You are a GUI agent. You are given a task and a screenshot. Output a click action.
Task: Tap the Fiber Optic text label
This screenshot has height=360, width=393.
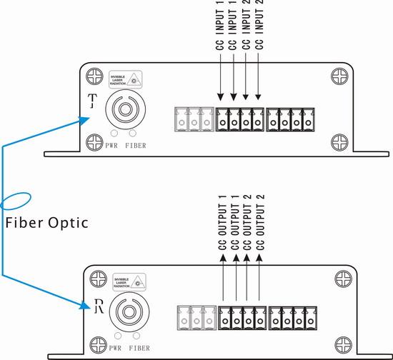pyautogui.click(x=46, y=223)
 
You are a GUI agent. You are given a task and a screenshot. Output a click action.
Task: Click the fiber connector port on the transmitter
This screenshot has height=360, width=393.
pyautogui.click(x=123, y=111)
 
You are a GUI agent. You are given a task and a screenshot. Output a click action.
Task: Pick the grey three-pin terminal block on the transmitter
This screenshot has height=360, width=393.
pyautogui.click(x=193, y=120)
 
